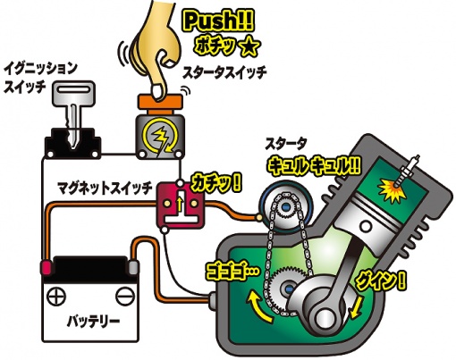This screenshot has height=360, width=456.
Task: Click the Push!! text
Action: point(218,21)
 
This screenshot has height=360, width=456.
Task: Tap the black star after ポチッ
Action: point(249,47)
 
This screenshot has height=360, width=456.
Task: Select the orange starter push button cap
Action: point(160,101)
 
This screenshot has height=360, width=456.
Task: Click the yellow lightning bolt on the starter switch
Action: point(160,138)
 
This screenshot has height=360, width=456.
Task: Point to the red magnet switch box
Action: point(181,206)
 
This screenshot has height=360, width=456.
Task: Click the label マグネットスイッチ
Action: point(104,188)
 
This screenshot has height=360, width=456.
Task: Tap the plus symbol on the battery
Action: point(56,297)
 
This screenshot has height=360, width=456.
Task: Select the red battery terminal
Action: point(46,267)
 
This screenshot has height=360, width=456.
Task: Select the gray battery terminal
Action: point(134,267)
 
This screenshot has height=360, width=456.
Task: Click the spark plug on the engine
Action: point(409,172)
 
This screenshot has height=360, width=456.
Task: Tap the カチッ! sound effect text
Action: point(215,182)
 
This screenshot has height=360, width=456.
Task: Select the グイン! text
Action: point(381,280)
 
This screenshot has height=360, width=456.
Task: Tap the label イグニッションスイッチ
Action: point(40,78)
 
